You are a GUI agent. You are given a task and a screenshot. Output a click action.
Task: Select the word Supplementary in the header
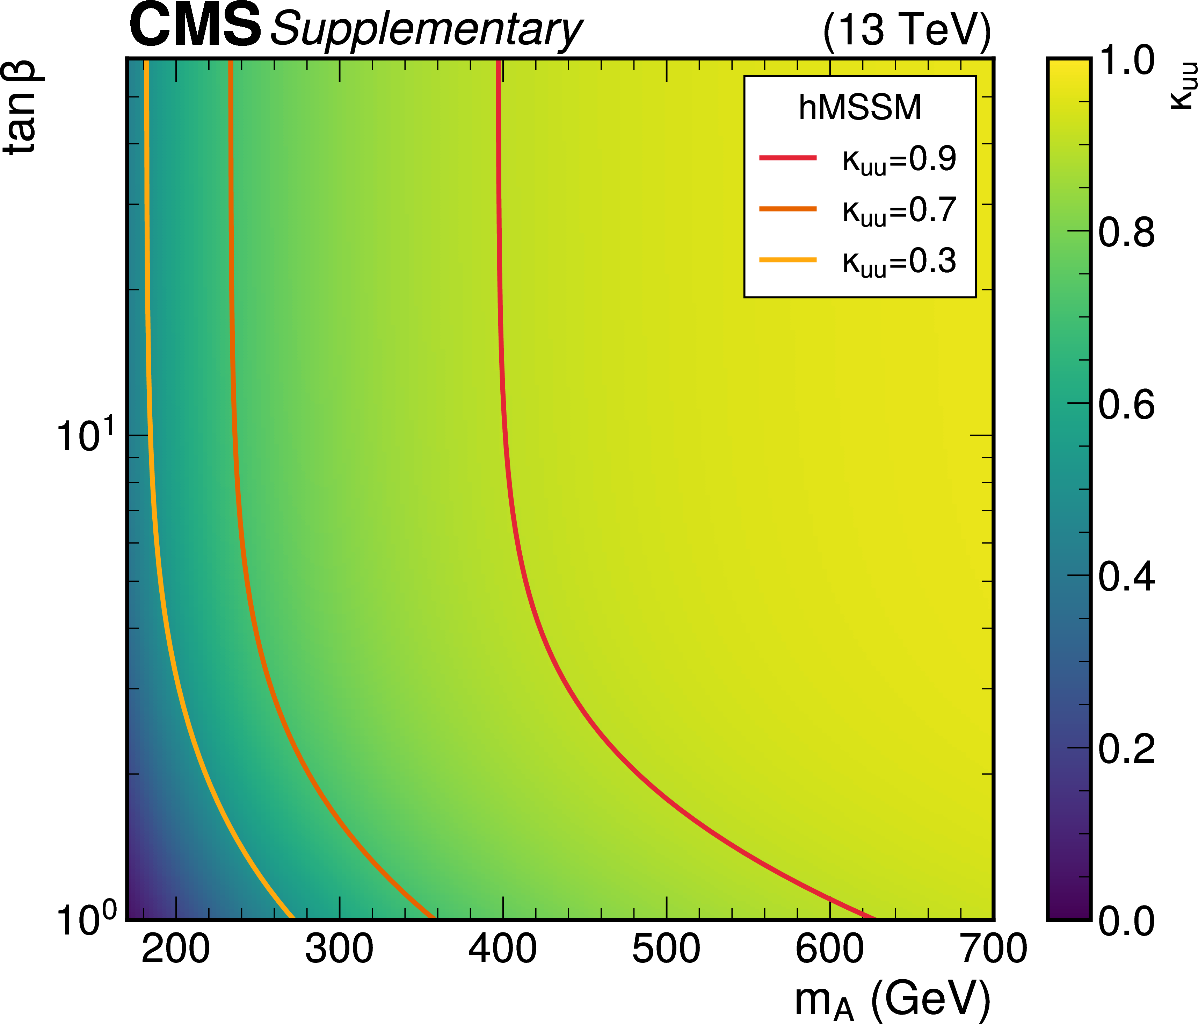pos(426,30)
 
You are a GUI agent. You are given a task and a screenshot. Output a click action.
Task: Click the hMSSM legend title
pos(860,108)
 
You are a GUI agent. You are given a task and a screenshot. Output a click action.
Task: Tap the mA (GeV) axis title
pos(892,999)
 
